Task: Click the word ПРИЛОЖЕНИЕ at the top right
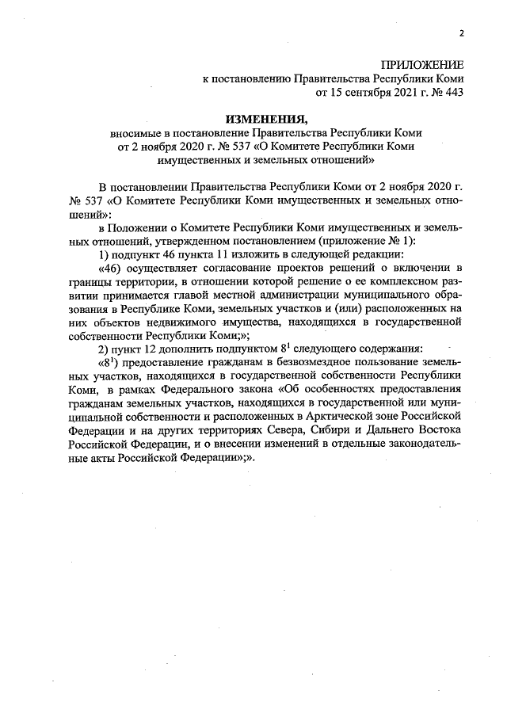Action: (422, 64)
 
